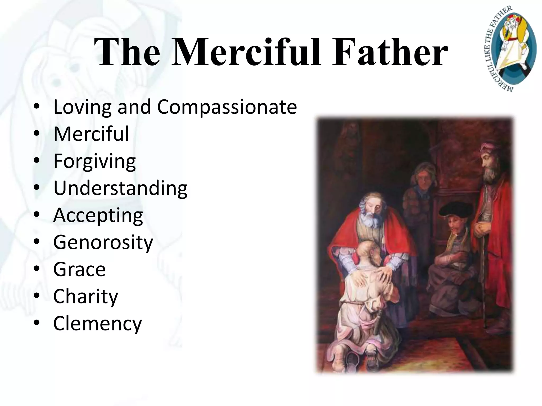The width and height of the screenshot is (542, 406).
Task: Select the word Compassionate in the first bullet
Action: click(x=227, y=107)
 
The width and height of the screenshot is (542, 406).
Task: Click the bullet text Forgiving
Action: click(x=94, y=161)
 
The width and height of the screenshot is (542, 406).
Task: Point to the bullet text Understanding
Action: click(x=120, y=188)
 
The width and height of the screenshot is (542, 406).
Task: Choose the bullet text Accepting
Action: click(x=98, y=215)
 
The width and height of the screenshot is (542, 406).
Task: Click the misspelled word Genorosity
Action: click(x=103, y=242)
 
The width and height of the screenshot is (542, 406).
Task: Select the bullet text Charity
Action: click(x=85, y=296)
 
